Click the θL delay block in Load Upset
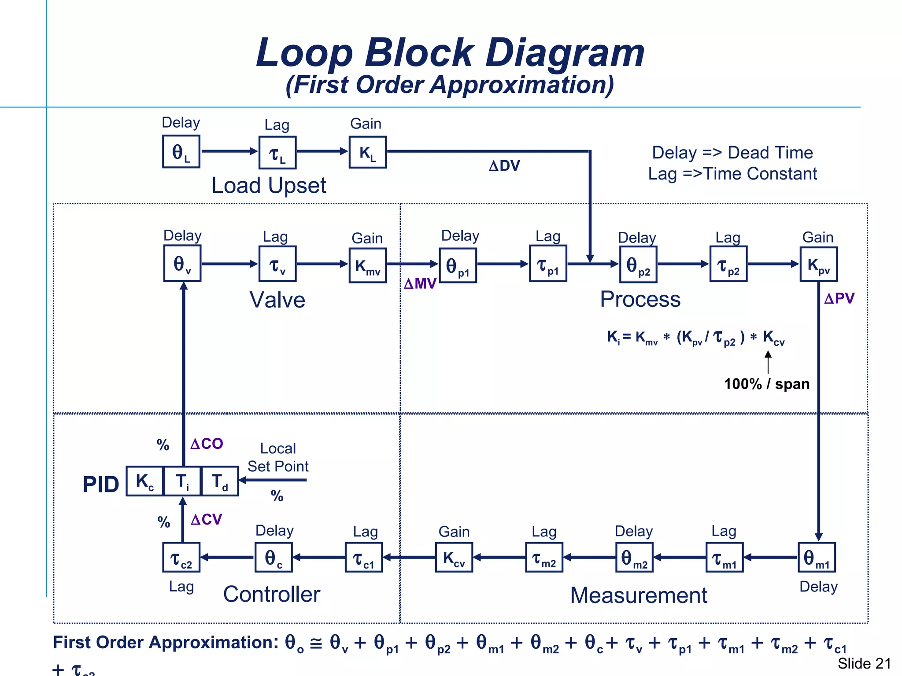(x=181, y=151)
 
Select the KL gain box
(x=368, y=152)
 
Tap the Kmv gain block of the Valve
(x=368, y=265)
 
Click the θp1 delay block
(x=458, y=265)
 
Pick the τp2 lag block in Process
(x=728, y=264)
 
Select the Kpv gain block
(x=819, y=264)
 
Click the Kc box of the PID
(x=145, y=481)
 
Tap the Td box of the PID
(x=220, y=481)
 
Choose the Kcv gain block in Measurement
(x=454, y=557)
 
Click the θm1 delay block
(x=817, y=557)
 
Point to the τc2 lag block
(x=181, y=557)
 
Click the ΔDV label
(x=505, y=166)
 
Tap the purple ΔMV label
(x=420, y=283)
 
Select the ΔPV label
(x=839, y=298)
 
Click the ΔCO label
(x=207, y=444)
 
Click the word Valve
(x=277, y=300)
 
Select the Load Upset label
(x=269, y=185)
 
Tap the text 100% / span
(x=767, y=384)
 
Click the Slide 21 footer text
(x=864, y=663)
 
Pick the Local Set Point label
(x=278, y=457)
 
